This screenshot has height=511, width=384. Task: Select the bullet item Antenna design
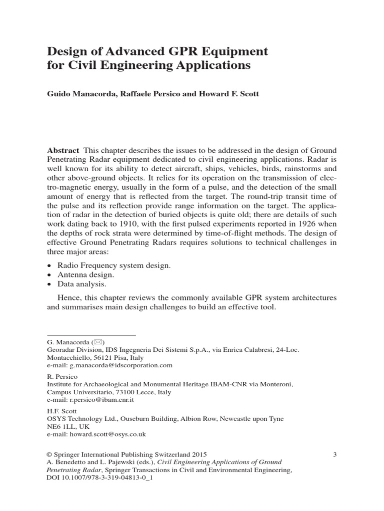(86, 275)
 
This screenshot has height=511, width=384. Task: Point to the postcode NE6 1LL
(60, 427)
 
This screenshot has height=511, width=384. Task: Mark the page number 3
(334, 454)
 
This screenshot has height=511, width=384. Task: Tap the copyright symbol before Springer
(49, 454)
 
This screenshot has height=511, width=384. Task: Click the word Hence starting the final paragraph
(68, 297)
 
